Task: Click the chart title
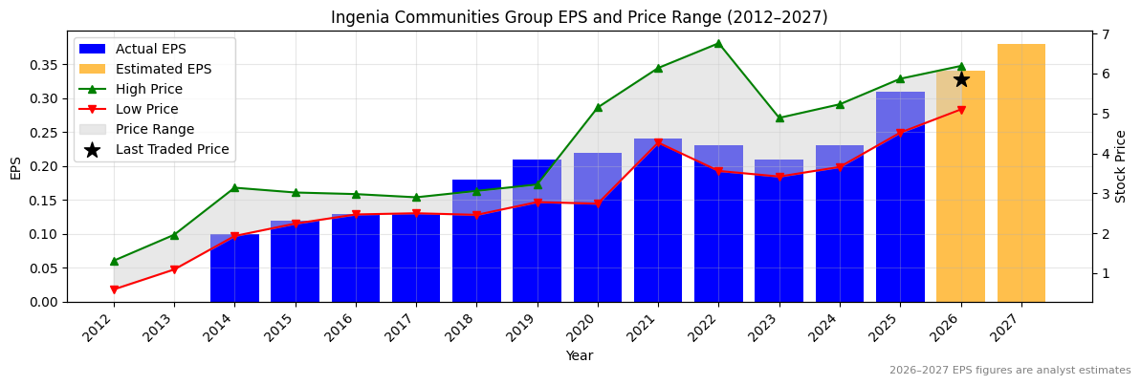click(x=579, y=17)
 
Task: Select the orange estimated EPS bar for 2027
click(x=1020, y=172)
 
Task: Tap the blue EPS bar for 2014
click(x=234, y=267)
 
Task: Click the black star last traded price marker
click(x=960, y=79)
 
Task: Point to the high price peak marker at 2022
click(x=718, y=43)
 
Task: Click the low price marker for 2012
click(x=114, y=289)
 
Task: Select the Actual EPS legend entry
click(x=150, y=49)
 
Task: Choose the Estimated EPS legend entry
click(x=164, y=69)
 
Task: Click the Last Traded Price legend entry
click(x=172, y=149)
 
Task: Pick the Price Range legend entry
click(x=154, y=129)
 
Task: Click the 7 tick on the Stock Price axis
click(x=1105, y=34)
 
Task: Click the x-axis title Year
click(x=579, y=356)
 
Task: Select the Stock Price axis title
click(x=1121, y=166)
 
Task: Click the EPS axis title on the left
click(x=15, y=167)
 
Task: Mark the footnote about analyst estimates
click(x=1009, y=371)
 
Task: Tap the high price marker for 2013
click(x=174, y=235)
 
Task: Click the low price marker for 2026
click(x=960, y=110)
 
